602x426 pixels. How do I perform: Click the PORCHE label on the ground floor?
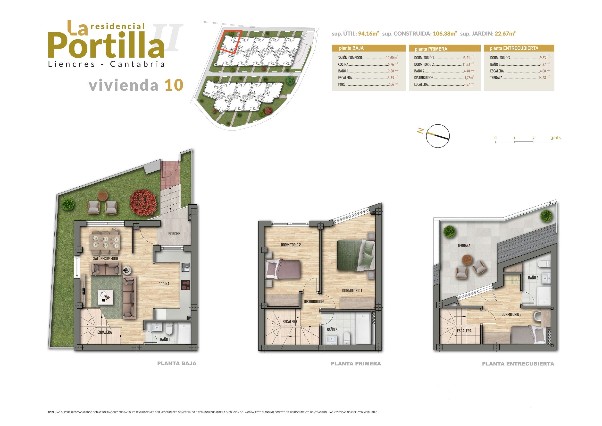tap(174, 234)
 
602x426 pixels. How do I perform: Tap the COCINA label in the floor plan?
tap(164, 284)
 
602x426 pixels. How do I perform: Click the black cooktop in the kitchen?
tap(185, 285)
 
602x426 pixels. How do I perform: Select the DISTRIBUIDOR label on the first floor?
tap(314, 302)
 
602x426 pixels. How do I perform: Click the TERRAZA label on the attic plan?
tap(464, 246)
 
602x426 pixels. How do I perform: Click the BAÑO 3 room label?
tap(533, 278)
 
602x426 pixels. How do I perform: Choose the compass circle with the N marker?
tap(438, 136)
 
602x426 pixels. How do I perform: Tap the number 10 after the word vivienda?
tap(174, 85)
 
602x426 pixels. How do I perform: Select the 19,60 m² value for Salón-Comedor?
tap(392, 58)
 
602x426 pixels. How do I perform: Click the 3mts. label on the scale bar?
tap(556, 138)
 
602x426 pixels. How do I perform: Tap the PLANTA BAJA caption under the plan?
tap(177, 364)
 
